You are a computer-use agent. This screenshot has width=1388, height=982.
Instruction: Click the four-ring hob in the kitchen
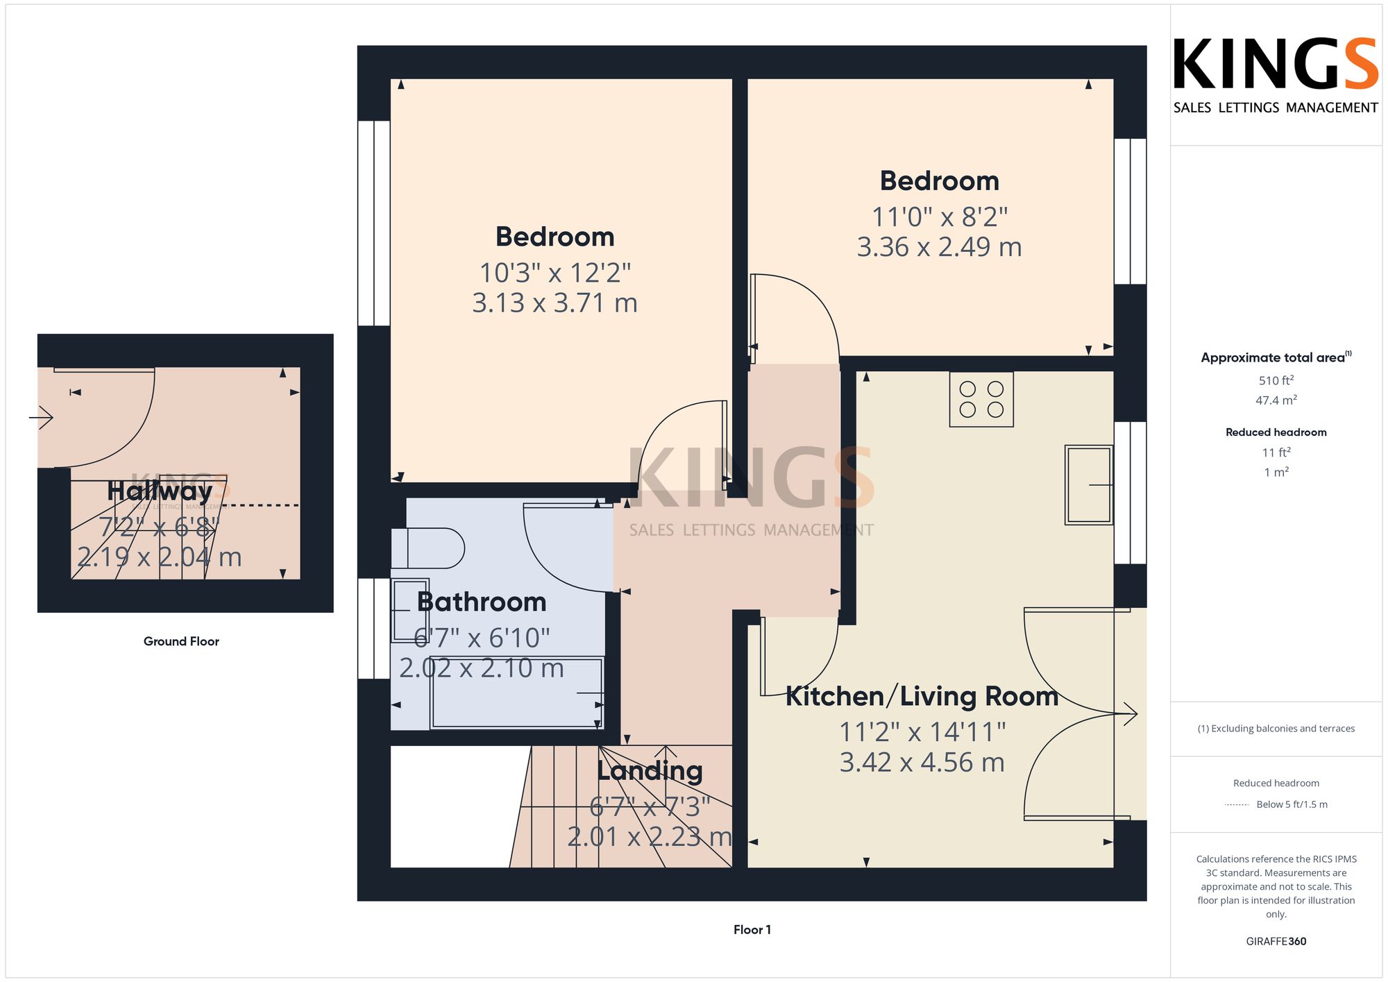981,399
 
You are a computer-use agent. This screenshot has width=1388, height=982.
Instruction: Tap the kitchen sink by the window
1089,484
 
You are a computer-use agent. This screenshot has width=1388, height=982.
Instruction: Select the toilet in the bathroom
428,548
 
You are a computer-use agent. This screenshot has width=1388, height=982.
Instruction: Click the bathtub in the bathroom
516,693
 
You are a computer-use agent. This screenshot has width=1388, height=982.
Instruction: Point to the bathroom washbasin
410,610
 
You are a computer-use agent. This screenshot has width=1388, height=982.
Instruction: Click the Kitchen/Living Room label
922,696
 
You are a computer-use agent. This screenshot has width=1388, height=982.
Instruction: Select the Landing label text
650,771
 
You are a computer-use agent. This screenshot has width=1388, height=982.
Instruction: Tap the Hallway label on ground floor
160,491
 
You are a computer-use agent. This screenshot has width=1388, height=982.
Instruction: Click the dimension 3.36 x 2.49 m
939,247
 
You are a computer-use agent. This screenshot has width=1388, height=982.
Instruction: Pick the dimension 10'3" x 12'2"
555,273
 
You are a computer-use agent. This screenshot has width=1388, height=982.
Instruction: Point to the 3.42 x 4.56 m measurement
922,763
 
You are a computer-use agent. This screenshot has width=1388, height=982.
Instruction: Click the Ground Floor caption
181,641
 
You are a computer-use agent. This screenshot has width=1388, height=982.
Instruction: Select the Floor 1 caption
752,930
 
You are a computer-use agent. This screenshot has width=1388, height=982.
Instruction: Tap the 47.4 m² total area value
1276,400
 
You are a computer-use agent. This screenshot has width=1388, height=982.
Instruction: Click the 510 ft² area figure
1276,380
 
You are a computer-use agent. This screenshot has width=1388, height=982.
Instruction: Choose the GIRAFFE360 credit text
1276,942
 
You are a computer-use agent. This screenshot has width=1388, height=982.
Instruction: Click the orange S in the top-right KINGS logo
1360,64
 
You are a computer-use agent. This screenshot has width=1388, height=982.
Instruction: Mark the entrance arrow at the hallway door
41,418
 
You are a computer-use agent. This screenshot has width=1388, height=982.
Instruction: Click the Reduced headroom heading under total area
1276,432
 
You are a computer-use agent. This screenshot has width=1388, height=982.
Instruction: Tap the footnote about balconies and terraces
1276,729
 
